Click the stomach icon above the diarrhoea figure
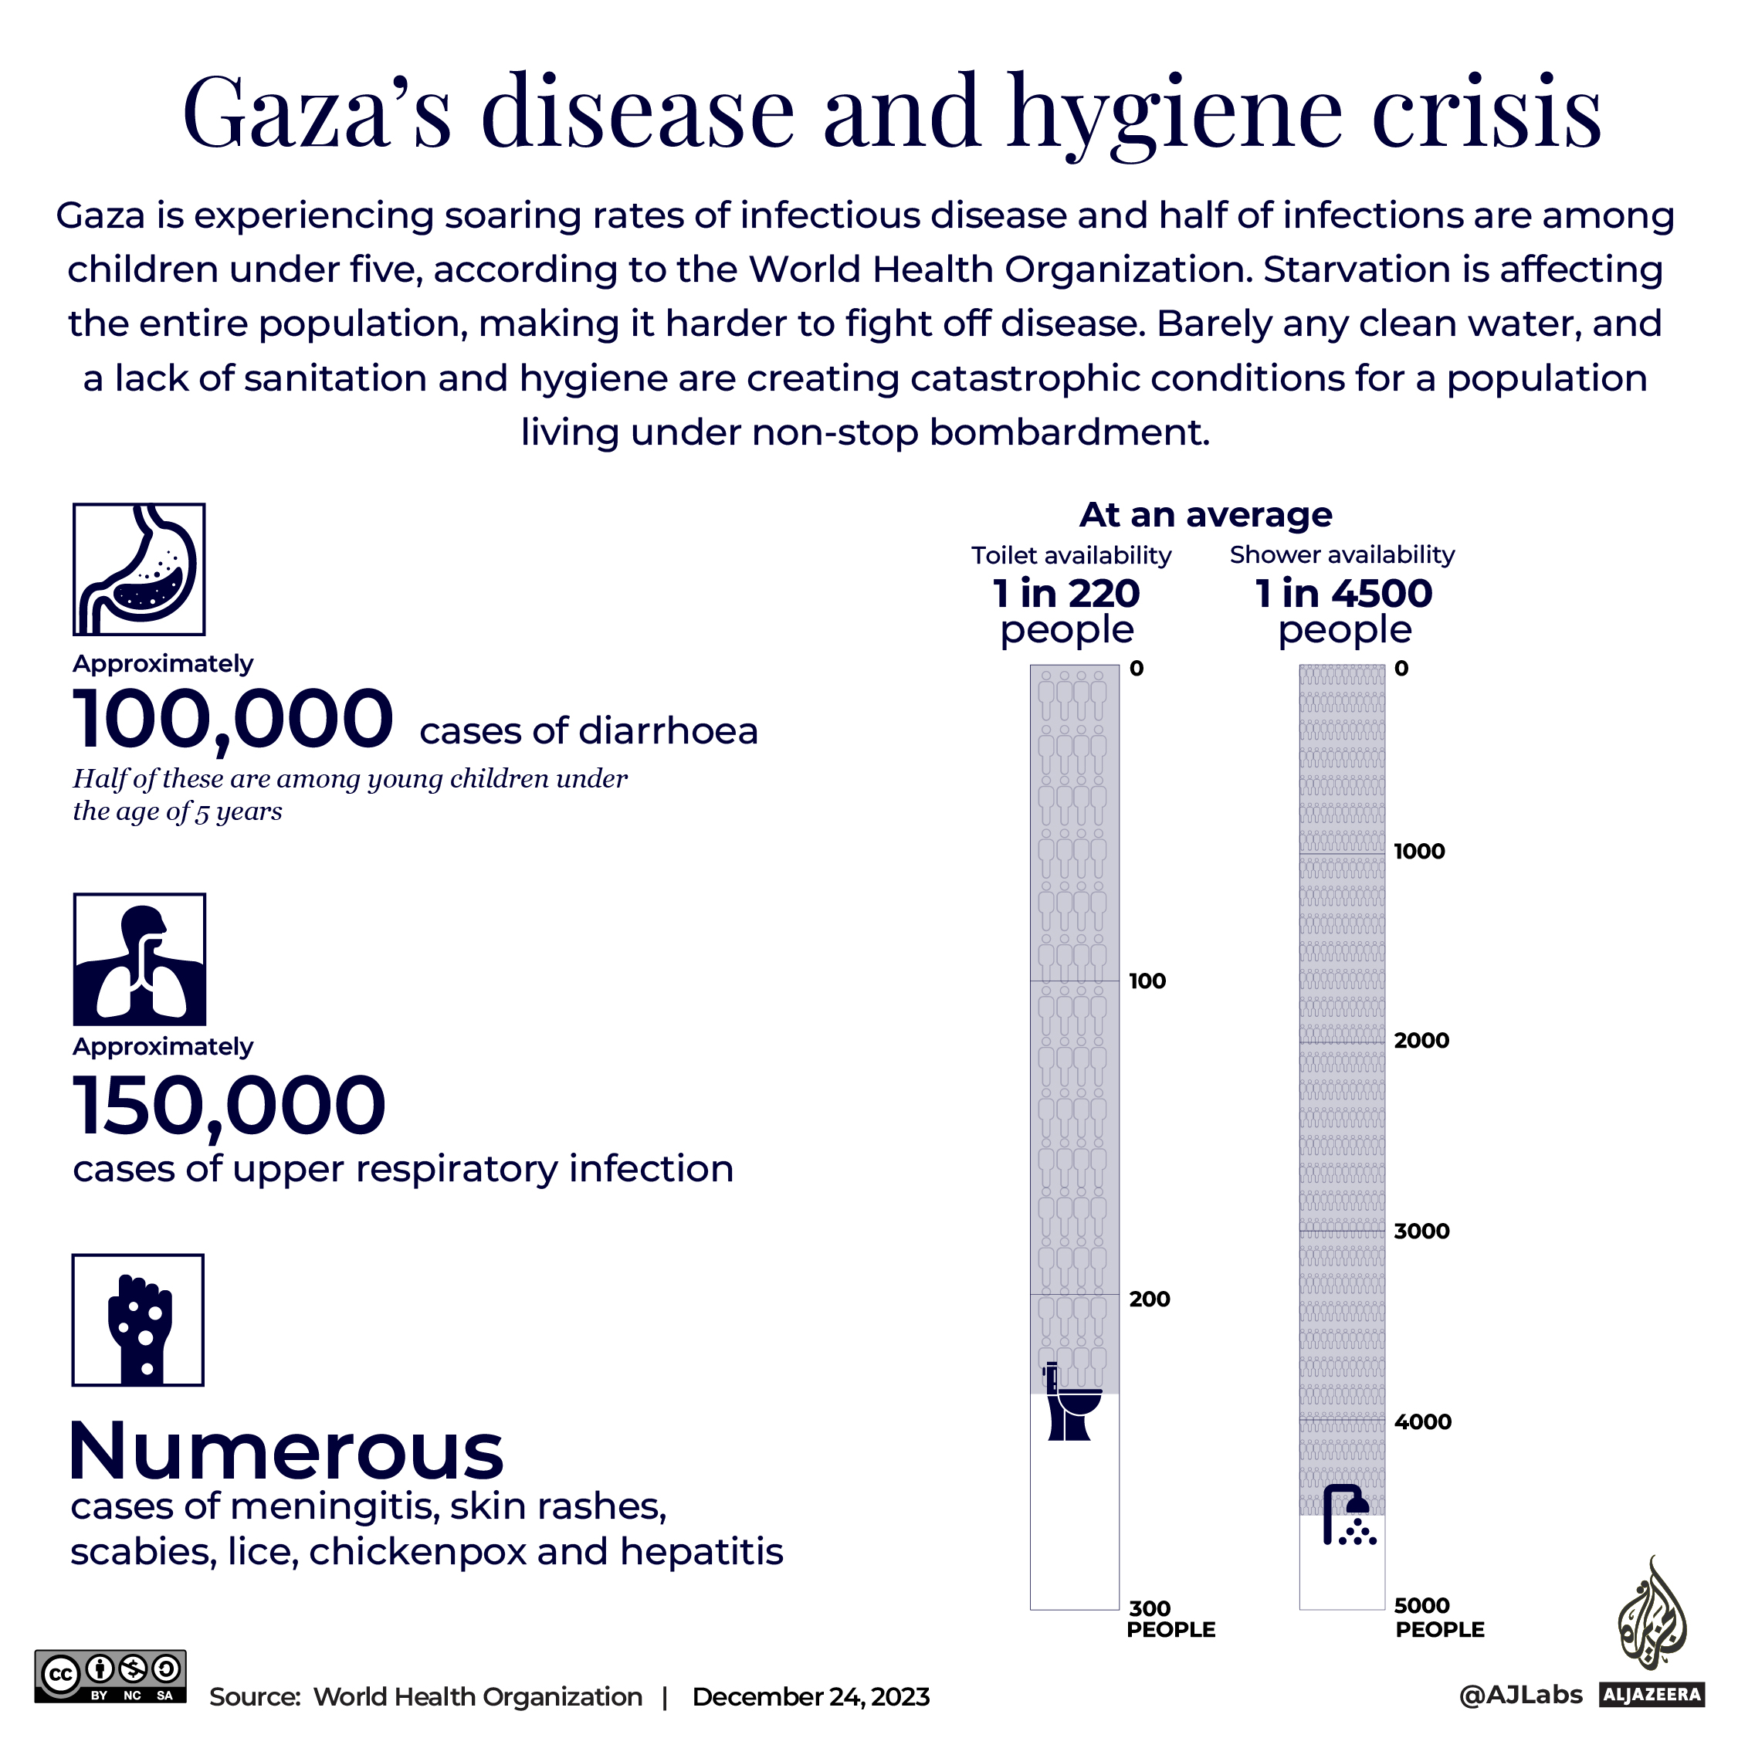(x=140, y=570)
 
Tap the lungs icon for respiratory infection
(x=140, y=960)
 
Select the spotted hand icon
(x=138, y=1320)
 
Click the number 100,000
(x=233, y=720)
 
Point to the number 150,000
(x=229, y=1106)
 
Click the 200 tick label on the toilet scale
(x=1150, y=1299)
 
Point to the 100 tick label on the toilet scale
(x=1147, y=981)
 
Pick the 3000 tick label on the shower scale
(x=1421, y=1232)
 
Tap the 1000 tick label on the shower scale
(x=1418, y=852)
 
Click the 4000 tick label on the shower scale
(x=1422, y=1422)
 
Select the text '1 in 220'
(x=1066, y=594)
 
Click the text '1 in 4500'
(x=1343, y=594)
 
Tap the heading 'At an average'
(x=1205, y=516)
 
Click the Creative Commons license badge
(x=110, y=1676)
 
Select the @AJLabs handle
(x=1520, y=1695)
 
